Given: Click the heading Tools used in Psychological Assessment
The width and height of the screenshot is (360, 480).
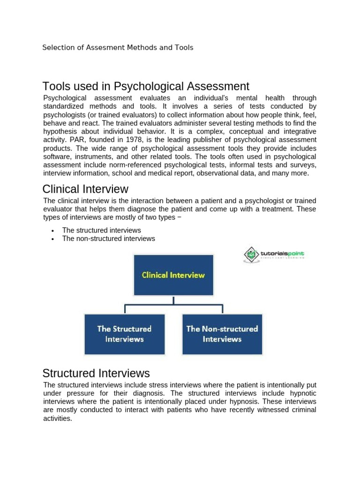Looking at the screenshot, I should click(x=146, y=86).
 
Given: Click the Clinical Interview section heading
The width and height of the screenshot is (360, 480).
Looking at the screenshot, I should click(x=85, y=189).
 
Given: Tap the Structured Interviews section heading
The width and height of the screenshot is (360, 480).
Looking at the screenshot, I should click(x=96, y=373).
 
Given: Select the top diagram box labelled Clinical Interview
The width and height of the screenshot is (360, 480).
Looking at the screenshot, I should click(x=173, y=275).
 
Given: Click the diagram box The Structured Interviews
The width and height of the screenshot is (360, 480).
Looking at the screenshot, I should click(x=124, y=334).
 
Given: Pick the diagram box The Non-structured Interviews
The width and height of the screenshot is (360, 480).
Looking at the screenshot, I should click(x=222, y=334).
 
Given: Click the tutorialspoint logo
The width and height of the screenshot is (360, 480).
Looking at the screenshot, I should click(x=274, y=255).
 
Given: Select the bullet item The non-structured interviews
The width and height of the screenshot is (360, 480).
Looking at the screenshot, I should click(x=108, y=239).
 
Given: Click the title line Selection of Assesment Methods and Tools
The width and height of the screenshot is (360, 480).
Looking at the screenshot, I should click(x=118, y=47).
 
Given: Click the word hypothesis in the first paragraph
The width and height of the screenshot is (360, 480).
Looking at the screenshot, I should click(x=60, y=131).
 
